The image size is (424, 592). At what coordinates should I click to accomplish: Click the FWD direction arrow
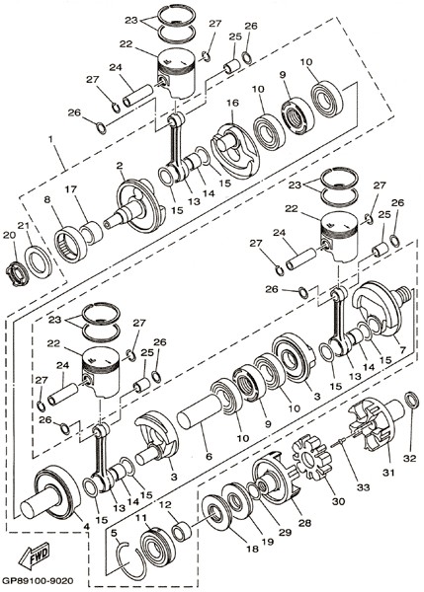click(x=35, y=555)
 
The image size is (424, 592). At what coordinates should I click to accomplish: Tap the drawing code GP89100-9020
click(x=38, y=580)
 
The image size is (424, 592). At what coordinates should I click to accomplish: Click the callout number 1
click(x=50, y=139)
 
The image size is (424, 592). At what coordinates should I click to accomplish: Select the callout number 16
click(x=233, y=103)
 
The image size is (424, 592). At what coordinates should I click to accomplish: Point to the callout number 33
click(x=363, y=487)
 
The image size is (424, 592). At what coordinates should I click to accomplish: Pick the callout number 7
click(x=402, y=350)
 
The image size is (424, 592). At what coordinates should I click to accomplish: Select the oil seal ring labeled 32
click(x=412, y=401)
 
